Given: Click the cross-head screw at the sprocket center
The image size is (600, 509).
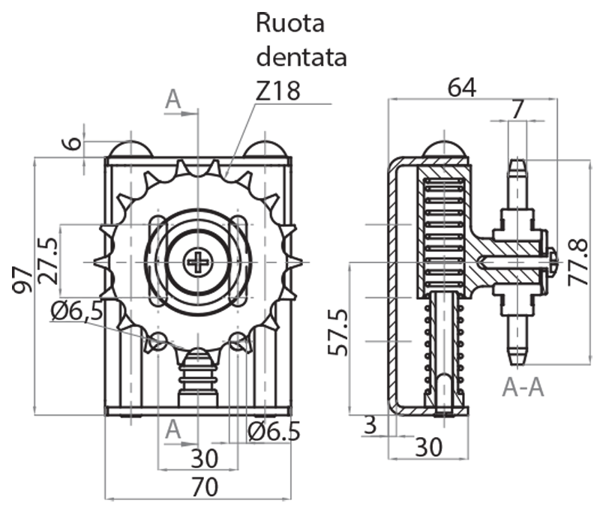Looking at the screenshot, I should point(198,262).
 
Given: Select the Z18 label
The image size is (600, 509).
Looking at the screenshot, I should point(277,91).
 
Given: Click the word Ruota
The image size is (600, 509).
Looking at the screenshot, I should point(290,23).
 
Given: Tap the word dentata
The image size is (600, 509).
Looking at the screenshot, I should point(301,57).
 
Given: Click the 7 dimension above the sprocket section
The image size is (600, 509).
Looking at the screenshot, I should point(517,109).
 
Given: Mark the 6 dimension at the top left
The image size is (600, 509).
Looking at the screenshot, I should point(70,142).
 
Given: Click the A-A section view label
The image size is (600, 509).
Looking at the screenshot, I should point(523,387).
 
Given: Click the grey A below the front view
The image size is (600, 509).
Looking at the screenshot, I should point(174,429).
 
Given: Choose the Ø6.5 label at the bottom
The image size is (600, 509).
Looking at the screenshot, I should point(274,431).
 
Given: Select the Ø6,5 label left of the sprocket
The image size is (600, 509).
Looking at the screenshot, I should point(77,310).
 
